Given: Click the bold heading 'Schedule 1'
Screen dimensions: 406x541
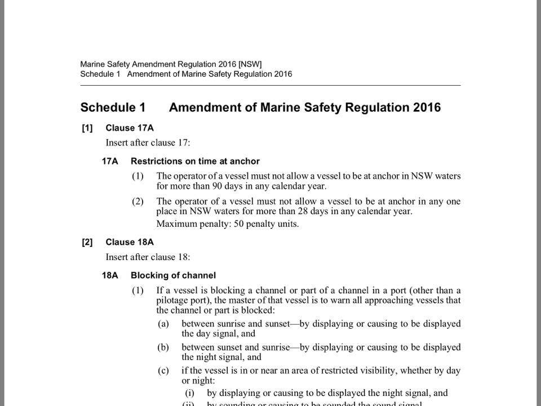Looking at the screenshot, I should tap(113, 107).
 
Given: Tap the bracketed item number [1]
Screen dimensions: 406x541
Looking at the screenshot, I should tap(87, 128).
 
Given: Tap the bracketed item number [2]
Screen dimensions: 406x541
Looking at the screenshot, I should tap(87, 242).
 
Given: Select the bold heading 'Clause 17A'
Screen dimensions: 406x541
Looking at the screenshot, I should tap(130, 128).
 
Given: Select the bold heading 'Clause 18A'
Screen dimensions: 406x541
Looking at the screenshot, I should tap(130, 242).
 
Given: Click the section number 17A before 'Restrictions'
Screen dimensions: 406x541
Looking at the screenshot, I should tap(110, 161).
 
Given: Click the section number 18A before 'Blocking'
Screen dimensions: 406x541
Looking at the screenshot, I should tap(110, 276).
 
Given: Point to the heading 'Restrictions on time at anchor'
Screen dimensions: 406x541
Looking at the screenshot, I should tap(195, 161).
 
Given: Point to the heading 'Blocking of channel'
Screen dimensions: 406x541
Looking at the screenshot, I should tap(173, 276).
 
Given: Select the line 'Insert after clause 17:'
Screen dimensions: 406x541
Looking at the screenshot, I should tap(148, 143).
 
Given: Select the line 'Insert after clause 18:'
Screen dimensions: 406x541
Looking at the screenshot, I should tap(148, 257).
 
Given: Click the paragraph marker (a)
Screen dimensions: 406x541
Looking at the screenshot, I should tap(163, 324).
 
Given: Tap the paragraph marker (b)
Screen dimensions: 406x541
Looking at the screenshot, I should tap(163, 347).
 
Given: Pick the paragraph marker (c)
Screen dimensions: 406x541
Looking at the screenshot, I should tap(163, 370).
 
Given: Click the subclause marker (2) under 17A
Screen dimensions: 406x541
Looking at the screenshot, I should tap(138, 201).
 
